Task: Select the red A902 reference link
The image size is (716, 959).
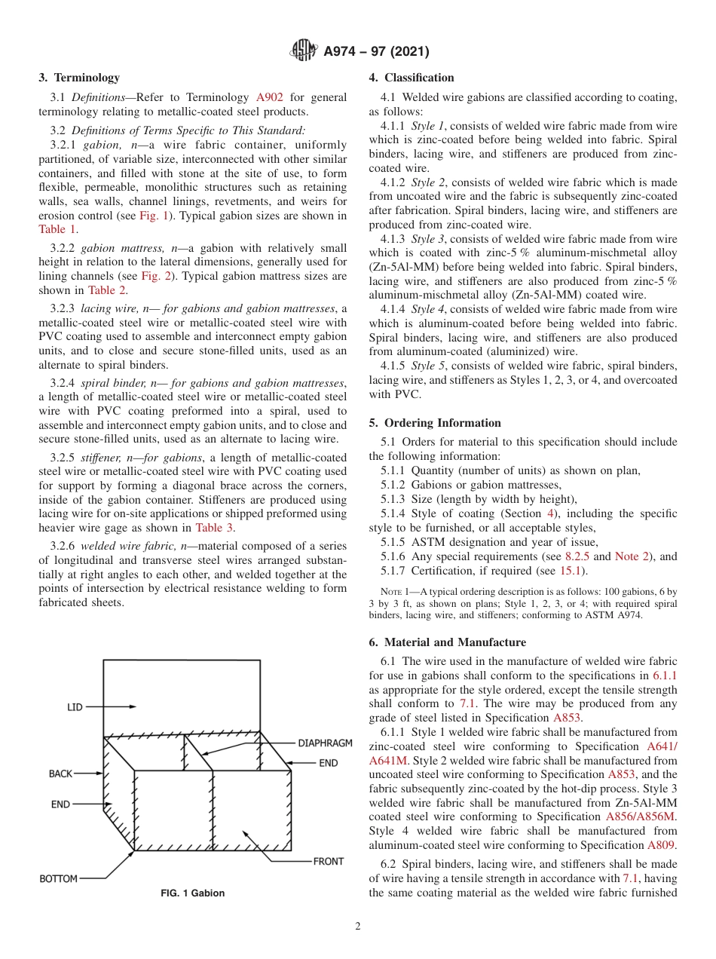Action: pos(270,97)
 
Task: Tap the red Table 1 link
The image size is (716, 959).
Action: pos(57,229)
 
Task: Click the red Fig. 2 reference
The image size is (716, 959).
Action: pos(155,276)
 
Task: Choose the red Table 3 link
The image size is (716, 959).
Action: pos(214,528)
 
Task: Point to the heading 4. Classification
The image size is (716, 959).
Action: pos(412,78)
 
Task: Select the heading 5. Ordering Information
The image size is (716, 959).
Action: pos(435,423)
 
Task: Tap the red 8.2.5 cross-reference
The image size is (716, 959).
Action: pos(577,556)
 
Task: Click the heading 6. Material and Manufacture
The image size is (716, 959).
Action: pos(448,642)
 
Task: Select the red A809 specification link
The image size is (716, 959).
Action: pos(661,845)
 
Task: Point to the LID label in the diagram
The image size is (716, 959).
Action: pos(75,707)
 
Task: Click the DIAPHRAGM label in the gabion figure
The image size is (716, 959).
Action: pos(325,743)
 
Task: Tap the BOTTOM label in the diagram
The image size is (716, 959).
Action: pos(58,878)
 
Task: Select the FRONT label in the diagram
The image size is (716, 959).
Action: pos(328,861)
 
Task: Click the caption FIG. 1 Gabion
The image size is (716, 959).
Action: pos(192,893)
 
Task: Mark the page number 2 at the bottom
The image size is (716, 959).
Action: pos(358,927)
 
